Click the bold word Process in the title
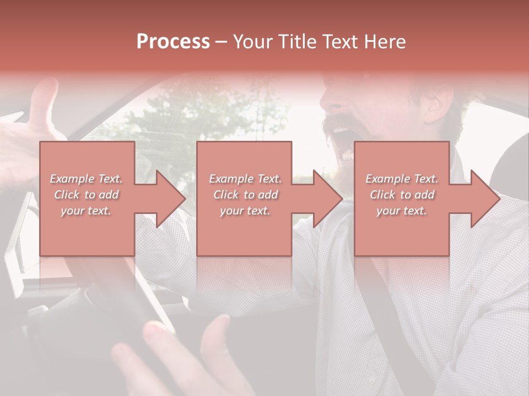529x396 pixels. point(173,42)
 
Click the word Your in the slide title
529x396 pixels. point(252,42)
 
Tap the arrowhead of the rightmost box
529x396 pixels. point(484,199)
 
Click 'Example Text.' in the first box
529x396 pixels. point(86,179)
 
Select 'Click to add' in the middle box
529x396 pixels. point(245,195)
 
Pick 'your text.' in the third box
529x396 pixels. point(402,211)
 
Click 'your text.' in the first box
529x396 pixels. point(86,211)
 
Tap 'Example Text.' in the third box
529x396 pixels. point(402,179)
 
